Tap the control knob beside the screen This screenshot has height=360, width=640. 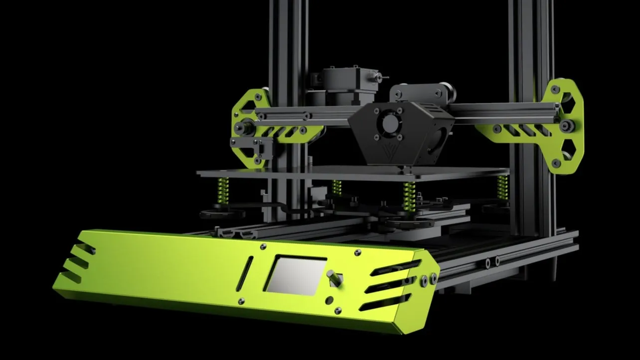[333, 278]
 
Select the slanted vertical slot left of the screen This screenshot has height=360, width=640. [246, 273]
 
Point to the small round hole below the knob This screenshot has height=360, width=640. [329, 300]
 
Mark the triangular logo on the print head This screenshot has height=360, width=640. [377, 150]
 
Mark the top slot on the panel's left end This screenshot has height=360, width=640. [85, 248]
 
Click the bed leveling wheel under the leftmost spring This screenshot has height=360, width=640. [222, 213]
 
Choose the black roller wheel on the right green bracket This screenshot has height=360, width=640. [566, 126]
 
